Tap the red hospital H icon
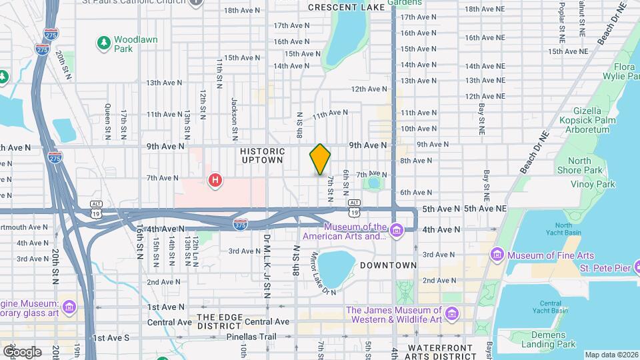(x=215, y=179)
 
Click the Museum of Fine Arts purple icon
(x=497, y=255)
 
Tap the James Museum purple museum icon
(x=452, y=313)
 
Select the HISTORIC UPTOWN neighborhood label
(x=263, y=156)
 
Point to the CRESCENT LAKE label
(x=346, y=7)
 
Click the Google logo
(x=22, y=351)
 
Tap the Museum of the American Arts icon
(x=397, y=231)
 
